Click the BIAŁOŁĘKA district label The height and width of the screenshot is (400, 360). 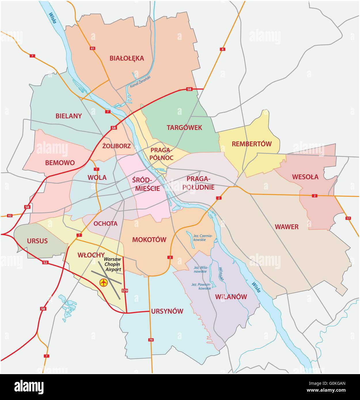tap(126, 58)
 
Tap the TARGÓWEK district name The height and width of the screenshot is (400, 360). tap(184, 127)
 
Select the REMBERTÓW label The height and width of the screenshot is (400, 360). tap(251, 144)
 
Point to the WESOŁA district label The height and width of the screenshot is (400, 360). tap(305, 177)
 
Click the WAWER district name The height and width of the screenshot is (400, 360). tap(286, 227)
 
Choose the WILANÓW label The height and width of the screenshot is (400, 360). tap(231, 297)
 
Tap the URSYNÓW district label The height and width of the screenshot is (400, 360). tap(167, 311)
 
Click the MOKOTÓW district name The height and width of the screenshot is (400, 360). tap(149, 239)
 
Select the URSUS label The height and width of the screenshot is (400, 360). tap(37, 241)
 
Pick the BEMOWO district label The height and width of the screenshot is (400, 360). tap(60, 163)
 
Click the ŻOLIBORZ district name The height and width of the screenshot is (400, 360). tap(116, 146)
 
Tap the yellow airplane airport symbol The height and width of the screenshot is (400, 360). tap(103, 283)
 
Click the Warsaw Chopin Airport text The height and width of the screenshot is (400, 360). tap(113, 264)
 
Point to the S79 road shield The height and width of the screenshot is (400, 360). tap(125, 291)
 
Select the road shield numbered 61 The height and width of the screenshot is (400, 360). tap(92, 48)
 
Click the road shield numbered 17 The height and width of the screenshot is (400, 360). tap(348, 218)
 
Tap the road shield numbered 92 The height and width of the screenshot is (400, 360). tap(10, 215)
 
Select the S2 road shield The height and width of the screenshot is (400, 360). tap(45, 262)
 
